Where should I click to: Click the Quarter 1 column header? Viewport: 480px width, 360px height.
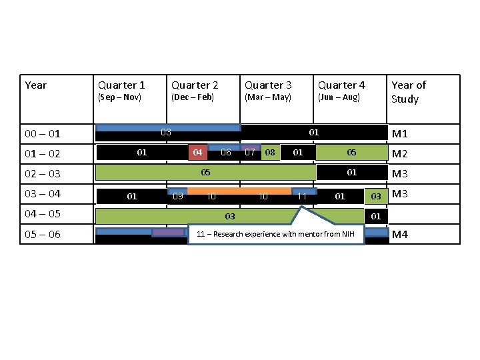121,85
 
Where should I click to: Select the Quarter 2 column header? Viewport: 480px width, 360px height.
195,85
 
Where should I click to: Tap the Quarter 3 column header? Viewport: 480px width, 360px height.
268,85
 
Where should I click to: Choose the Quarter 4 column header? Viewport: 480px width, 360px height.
341,85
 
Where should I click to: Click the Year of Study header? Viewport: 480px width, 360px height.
408,92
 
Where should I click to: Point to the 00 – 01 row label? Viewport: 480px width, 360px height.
43,134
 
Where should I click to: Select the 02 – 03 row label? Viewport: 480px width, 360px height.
43,174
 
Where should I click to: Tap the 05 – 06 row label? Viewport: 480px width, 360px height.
43,235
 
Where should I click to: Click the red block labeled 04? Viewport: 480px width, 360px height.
197,153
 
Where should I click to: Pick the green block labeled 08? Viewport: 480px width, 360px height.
270,153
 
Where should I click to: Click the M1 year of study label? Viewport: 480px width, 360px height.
400,134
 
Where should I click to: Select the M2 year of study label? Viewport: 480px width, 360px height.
400,154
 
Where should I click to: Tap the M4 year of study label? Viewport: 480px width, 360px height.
400,235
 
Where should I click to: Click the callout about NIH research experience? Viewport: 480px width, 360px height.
276,234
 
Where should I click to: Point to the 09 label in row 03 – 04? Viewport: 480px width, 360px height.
178,196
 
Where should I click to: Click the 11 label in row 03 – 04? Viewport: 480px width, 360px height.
302,196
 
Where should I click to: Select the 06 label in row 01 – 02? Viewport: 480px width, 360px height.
226,153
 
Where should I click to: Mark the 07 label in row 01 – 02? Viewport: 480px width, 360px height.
249,153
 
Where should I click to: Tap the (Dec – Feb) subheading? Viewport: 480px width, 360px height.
193,97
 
